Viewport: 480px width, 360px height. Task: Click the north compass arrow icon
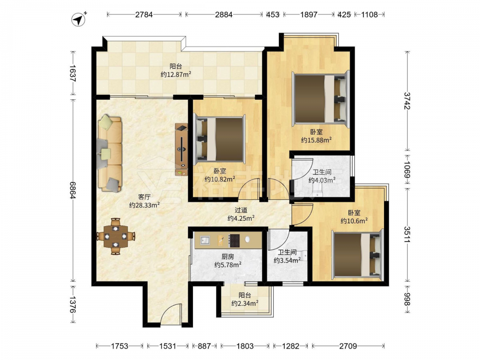79,20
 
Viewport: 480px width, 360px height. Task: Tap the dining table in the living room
115,236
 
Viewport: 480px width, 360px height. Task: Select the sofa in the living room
109,154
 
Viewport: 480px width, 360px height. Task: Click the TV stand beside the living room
181,149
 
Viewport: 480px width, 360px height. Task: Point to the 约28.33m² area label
144,205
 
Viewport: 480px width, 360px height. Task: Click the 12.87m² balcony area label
176,74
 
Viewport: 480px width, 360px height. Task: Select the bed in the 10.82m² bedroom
219,139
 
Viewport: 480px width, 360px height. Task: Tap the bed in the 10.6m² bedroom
357,255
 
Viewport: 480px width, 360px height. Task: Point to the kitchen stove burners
235,240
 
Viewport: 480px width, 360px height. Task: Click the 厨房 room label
228,257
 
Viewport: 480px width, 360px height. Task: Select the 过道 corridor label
241,210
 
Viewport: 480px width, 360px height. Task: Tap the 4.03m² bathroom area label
322,180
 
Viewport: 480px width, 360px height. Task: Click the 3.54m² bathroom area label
287,261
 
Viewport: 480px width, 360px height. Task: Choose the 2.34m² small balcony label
245,303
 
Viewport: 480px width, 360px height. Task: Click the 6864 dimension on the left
72,190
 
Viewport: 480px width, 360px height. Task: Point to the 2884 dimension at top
224,14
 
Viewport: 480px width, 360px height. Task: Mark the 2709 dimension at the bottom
348,346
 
